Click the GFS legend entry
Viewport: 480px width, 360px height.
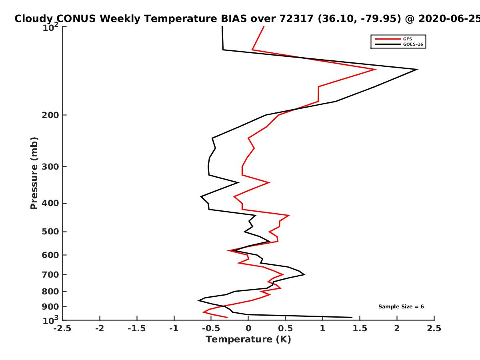click(x=394, y=39)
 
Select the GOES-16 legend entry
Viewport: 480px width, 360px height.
click(x=399, y=44)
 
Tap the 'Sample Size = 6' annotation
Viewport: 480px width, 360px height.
click(x=401, y=307)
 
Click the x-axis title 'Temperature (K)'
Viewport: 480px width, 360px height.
click(x=248, y=340)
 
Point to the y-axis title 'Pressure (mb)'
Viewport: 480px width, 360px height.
click(x=34, y=173)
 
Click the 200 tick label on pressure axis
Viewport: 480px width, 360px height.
click(x=50, y=115)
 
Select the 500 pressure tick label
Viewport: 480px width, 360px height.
click(x=50, y=232)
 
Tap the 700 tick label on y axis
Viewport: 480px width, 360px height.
click(x=50, y=274)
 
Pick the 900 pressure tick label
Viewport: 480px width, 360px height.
click(x=50, y=307)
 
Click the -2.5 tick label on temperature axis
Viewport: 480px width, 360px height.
click(x=62, y=328)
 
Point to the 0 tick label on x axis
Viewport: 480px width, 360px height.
click(x=248, y=328)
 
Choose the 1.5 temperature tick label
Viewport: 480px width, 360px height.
click(x=360, y=328)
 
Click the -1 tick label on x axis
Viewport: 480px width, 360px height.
click(x=174, y=328)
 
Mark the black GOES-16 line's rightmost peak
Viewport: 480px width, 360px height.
click(x=418, y=70)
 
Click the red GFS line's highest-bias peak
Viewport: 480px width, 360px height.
click(x=376, y=70)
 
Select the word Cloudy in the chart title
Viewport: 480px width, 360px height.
click(x=34, y=19)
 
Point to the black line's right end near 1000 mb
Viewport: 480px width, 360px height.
click(x=352, y=317)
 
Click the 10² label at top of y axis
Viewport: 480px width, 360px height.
click(x=50, y=27)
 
